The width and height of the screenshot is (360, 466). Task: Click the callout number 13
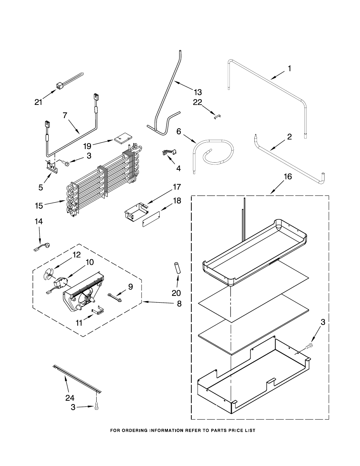[198, 92]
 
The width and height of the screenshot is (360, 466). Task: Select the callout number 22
[197, 102]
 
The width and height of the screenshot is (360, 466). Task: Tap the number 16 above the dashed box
[288, 177]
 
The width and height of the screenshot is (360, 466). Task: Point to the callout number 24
[70, 398]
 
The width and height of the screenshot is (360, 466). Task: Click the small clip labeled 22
[218, 117]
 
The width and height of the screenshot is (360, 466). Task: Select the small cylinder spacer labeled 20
[178, 268]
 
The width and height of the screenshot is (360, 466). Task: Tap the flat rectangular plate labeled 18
[151, 219]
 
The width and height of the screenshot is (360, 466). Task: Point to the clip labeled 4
[169, 152]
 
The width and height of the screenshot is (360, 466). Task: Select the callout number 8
[179, 304]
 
